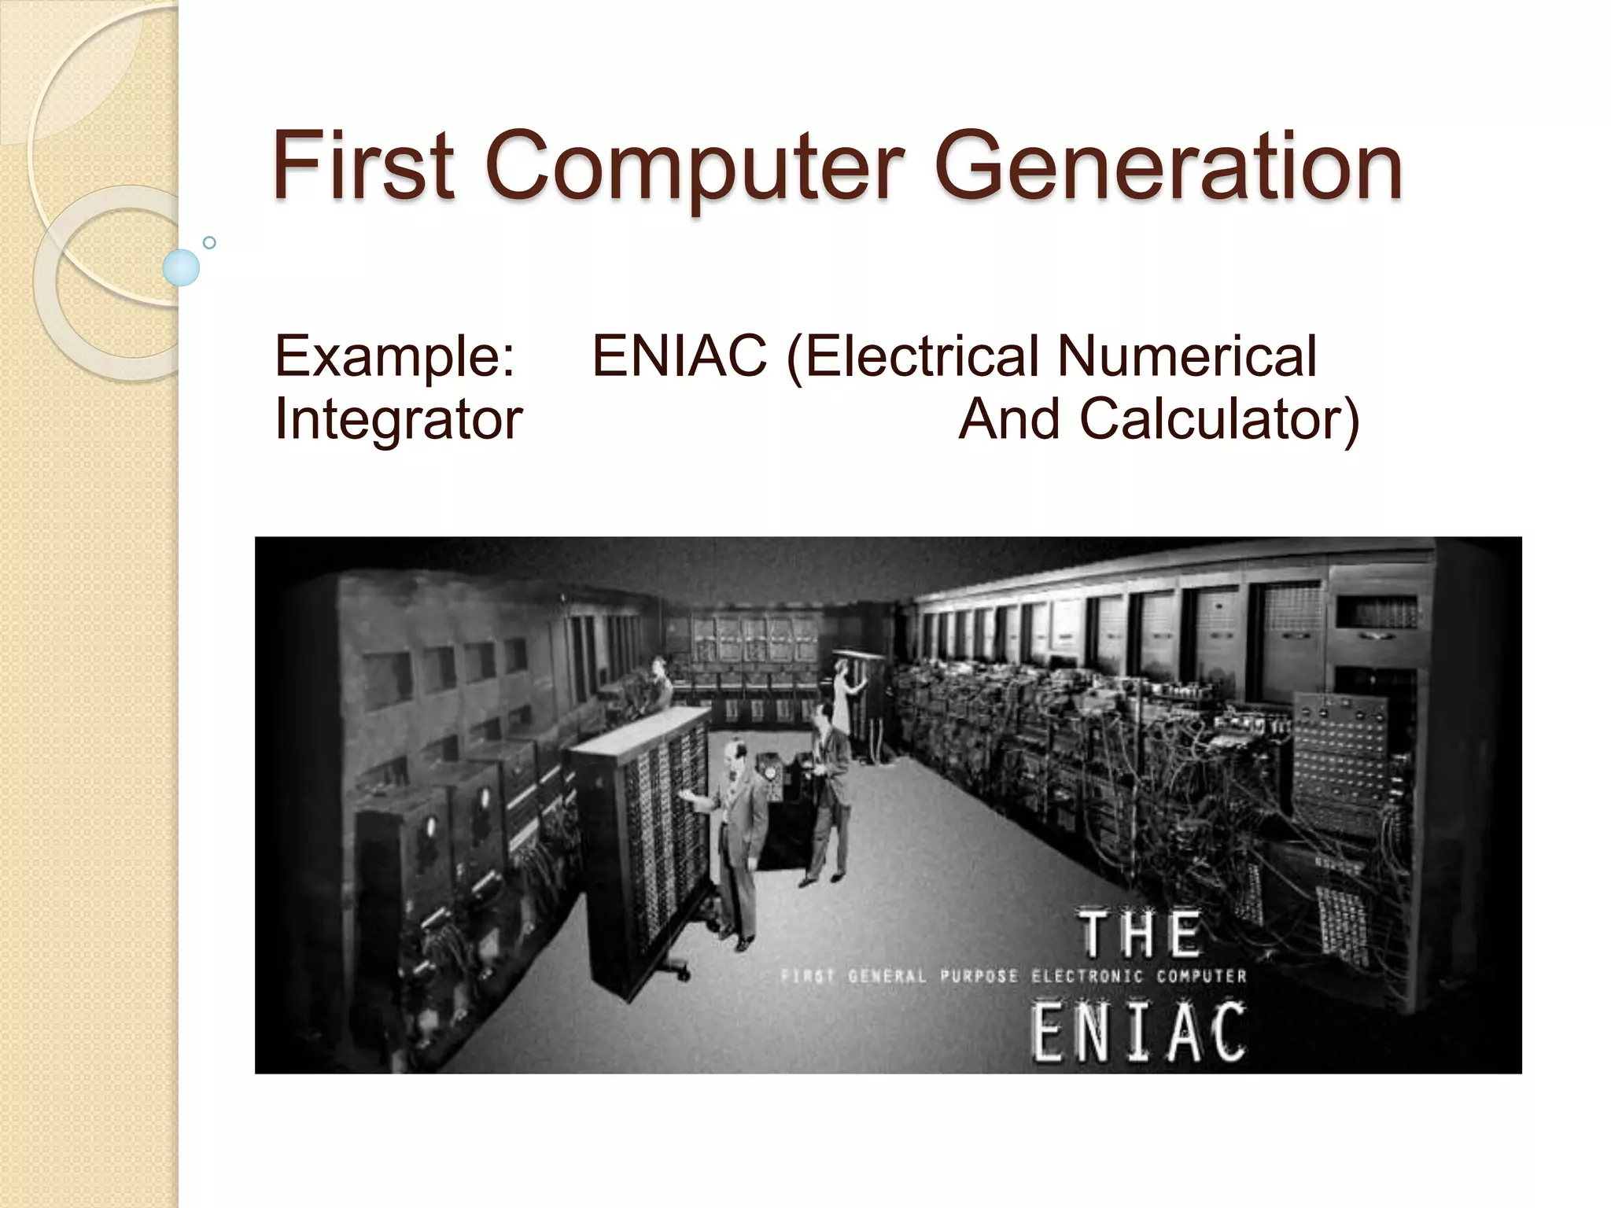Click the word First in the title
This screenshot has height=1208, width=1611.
coord(363,166)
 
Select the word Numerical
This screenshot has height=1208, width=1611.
coord(1186,355)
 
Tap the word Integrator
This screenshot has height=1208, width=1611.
coord(398,418)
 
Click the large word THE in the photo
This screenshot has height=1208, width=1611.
coord(1141,934)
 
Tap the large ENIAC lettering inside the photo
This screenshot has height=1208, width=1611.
coord(1138,1031)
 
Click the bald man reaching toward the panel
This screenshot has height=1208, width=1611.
coord(735,834)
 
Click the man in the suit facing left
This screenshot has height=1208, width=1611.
coord(826,794)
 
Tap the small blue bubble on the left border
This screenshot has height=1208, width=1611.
coord(181,267)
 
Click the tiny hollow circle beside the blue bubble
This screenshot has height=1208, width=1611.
coord(209,242)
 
